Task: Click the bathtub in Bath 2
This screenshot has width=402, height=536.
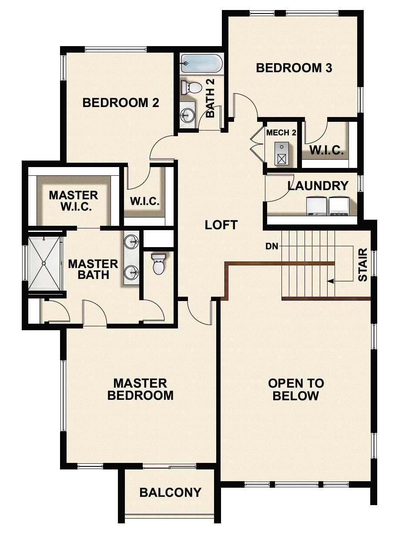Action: [x=201, y=64]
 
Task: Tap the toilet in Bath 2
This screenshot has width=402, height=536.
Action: [x=192, y=87]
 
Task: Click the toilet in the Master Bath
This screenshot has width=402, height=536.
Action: [x=158, y=265]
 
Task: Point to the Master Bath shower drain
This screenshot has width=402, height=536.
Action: [x=44, y=263]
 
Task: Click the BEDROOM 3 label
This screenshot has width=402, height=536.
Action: [x=294, y=68]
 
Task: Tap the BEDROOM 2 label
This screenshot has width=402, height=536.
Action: [x=121, y=103]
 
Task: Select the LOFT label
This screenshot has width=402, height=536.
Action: [x=221, y=225]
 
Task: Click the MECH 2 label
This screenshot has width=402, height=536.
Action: [x=281, y=133]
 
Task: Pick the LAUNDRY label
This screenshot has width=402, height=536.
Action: [x=318, y=186]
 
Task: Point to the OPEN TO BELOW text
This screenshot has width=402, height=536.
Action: [x=296, y=389]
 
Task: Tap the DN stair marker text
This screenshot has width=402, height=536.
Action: [x=271, y=247]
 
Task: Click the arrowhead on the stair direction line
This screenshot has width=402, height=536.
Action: [x=331, y=281]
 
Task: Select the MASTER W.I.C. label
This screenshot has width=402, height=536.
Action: [x=73, y=201]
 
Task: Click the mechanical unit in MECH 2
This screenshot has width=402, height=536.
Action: [x=282, y=154]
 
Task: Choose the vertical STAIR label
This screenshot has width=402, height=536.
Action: [x=362, y=265]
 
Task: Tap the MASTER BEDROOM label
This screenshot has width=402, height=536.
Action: [x=140, y=389]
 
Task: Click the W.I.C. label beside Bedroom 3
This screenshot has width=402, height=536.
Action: [x=326, y=151]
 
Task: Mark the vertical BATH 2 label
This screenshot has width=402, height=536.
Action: [x=211, y=103]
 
